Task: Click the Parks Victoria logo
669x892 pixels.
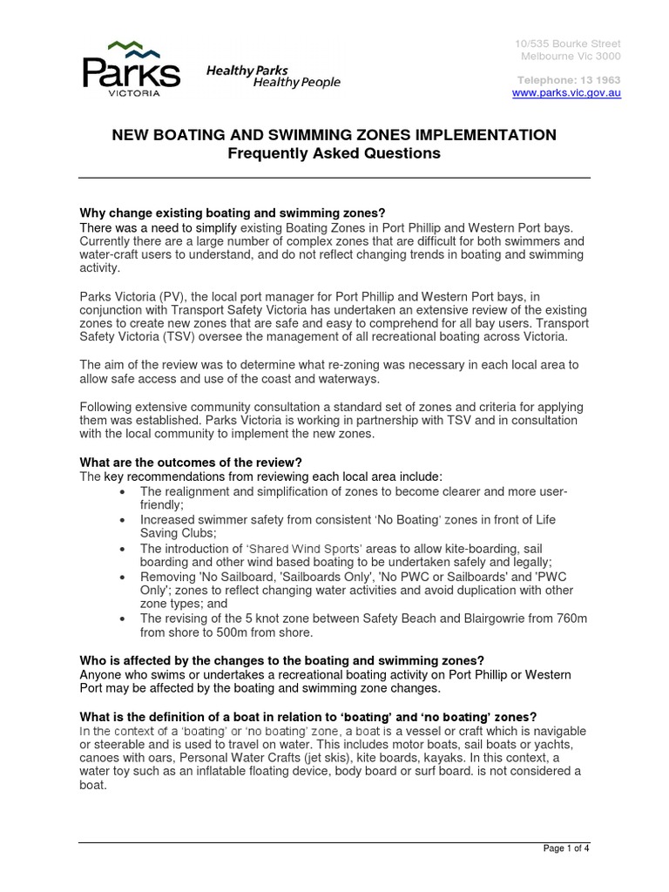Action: point(131,68)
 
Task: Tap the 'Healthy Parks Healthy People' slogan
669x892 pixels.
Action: point(273,77)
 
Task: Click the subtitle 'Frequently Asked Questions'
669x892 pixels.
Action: point(334,154)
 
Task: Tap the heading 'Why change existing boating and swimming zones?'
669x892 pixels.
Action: point(232,214)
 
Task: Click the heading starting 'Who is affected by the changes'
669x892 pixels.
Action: point(281,660)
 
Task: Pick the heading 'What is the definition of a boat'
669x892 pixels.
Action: point(308,717)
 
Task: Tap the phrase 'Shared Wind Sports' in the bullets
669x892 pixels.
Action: point(306,549)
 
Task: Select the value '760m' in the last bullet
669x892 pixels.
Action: point(570,618)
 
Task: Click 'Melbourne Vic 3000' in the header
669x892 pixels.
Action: point(571,57)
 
